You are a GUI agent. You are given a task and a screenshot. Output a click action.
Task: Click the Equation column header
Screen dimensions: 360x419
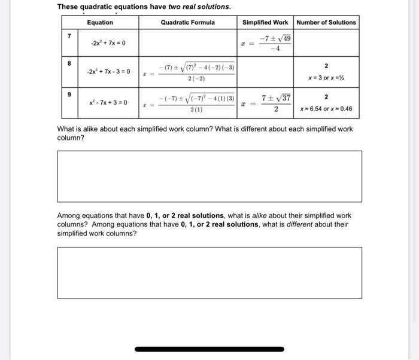(x=99, y=23)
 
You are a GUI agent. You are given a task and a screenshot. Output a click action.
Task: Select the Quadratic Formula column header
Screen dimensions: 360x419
(x=187, y=23)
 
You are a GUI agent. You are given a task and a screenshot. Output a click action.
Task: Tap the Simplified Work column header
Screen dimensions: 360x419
(x=265, y=23)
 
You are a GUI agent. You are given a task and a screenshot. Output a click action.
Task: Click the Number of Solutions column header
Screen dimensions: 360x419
(x=326, y=23)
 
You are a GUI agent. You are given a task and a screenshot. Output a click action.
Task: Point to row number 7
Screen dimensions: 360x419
(x=69, y=36)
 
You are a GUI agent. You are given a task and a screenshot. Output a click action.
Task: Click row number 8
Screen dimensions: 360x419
(x=69, y=63)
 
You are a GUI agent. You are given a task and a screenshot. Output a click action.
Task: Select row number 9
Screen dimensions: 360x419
(x=69, y=94)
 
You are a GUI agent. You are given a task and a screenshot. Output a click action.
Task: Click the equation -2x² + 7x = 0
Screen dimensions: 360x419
(x=108, y=43)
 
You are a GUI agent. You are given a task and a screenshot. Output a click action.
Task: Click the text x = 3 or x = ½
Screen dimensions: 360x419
(x=326, y=78)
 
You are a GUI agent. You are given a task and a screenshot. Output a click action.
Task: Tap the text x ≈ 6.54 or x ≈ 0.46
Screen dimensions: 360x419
(x=326, y=109)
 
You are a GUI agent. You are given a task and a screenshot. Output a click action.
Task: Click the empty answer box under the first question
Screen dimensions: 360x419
(x=209, y=176)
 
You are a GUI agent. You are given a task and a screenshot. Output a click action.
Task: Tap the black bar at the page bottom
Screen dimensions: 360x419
(x=209, y=349)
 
